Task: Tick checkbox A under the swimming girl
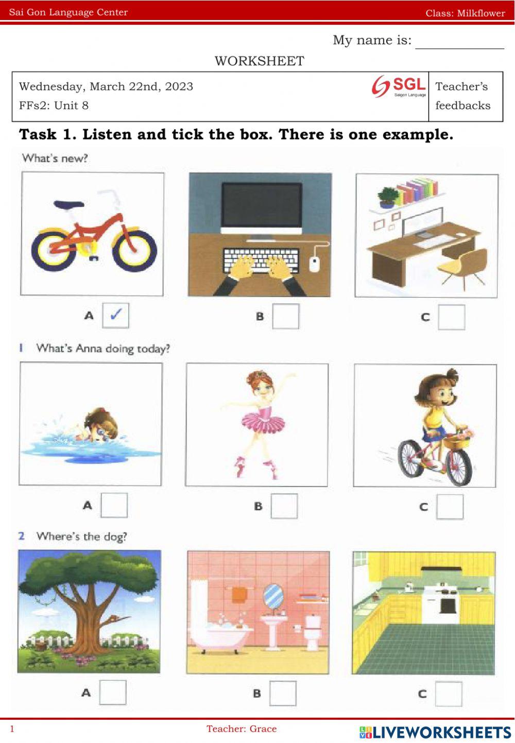click(114, 505)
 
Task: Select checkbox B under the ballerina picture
click(284, 506)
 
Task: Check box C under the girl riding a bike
click(450, 507)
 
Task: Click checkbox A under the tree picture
click(112, 692)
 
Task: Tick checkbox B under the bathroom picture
click(283, 693)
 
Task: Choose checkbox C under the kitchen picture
click(449, 694)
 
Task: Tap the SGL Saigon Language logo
click(399, 86)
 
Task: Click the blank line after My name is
click(459, 48)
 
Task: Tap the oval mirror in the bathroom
click(273, 595)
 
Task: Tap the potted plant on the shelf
click(387, 197)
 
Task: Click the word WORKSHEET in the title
click(259, 61)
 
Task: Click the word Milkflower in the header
click(481, 13)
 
